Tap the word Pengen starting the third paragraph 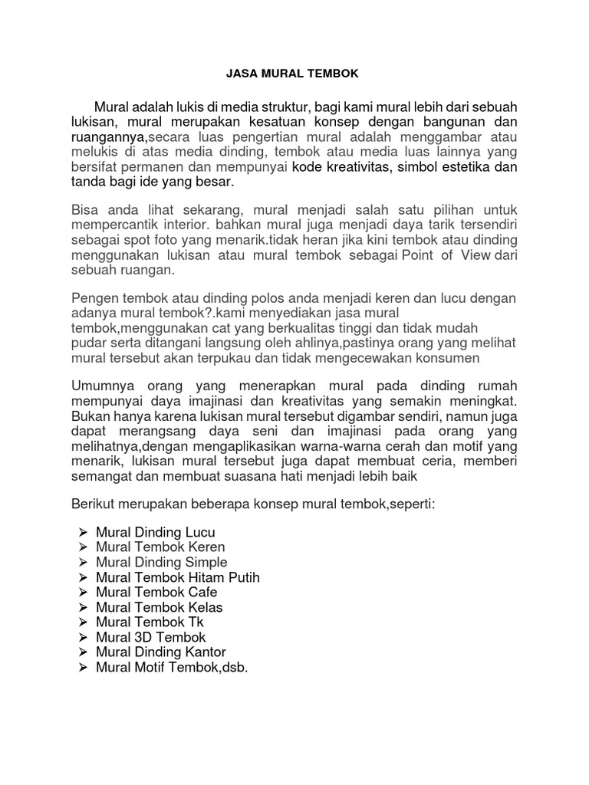click(95, 297)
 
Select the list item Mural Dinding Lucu click(156, 532)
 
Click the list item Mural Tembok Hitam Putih click(178, 577)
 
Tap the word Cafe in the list click(200, 592)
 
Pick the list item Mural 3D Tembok click(151, 637)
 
